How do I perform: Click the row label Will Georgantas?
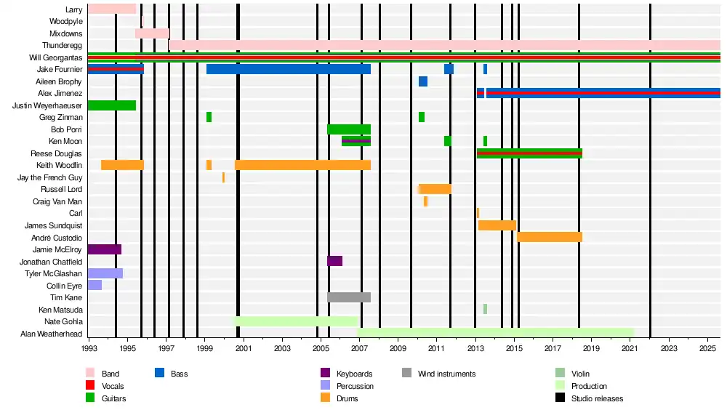tap(55, 57)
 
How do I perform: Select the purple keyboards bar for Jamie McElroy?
tap(104, 249)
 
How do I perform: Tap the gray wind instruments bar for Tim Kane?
tap(349, 297)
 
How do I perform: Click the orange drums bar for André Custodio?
tap(549, 237)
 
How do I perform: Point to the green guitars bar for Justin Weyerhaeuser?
tap(111, 105)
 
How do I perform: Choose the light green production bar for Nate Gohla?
tap(295, 321)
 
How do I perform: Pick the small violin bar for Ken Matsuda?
tap(485, 309)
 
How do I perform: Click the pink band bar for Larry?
tap(111, 9)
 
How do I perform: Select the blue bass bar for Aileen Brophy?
tap(423, 81)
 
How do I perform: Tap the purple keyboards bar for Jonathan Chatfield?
tap(334, 261)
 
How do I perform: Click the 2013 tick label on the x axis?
tap(475, 350)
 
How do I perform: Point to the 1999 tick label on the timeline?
tap(205, 350)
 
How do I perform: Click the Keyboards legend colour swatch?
tap(326, 374)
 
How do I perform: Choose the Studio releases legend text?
tap(597, 398)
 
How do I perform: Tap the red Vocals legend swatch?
tap(91, 386)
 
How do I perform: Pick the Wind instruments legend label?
tap(446, 374)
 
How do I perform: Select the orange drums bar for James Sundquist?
tap(497, 225)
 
